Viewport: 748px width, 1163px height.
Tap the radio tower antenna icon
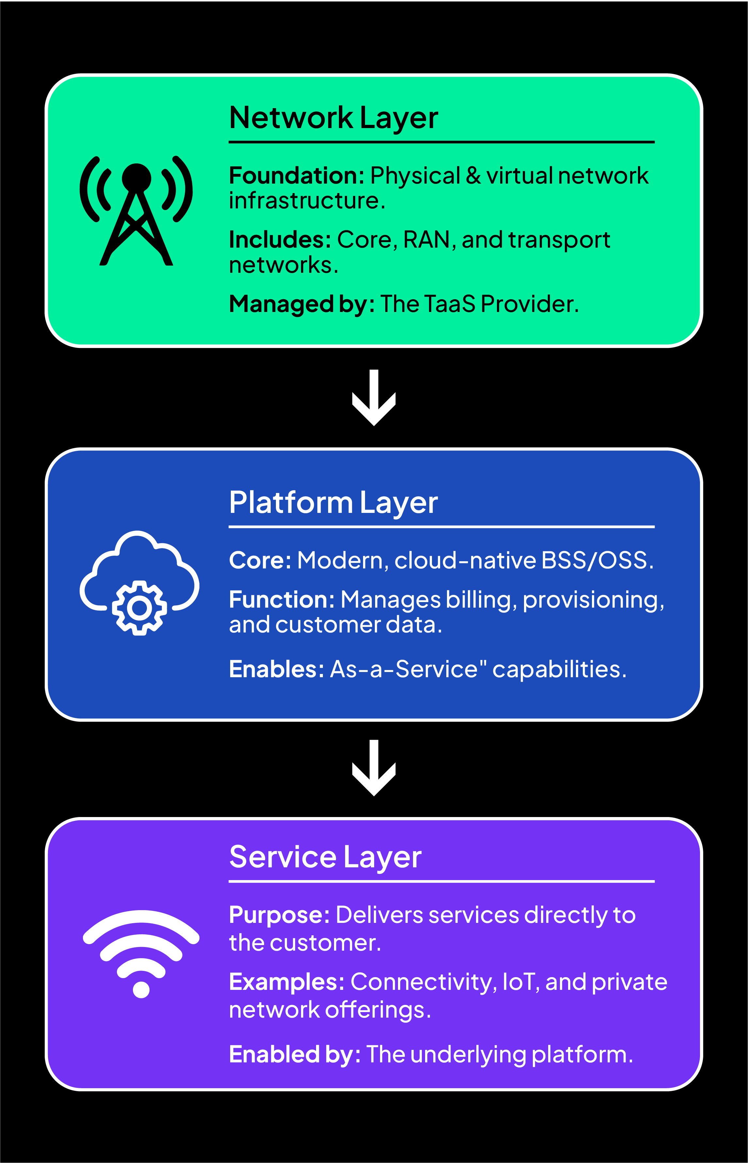136,211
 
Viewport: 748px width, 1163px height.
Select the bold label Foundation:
296,175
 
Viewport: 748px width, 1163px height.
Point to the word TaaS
449,304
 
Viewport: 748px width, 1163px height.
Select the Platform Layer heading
333,502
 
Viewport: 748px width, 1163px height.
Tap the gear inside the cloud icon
139,608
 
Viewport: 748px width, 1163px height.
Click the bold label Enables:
276,669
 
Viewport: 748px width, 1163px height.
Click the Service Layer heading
325,857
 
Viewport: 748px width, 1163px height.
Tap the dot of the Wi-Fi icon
141,990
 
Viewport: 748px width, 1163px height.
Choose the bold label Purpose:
279,915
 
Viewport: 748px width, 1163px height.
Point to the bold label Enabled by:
294,1055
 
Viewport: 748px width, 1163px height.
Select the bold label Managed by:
301,304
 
